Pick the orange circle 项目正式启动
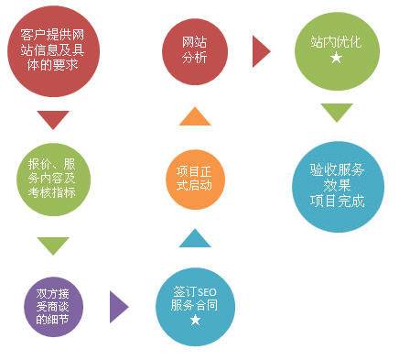click(x=195, y=176)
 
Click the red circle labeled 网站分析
click(x=195, y=50)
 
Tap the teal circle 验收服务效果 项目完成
click(x=337, y=184)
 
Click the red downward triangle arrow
click(x=53, y=119)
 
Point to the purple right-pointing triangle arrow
click(x=118, y=306)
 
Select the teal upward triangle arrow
click(x=195, y=238)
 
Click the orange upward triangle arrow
click(x=195, y=115)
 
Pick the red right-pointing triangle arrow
click(x=262, y=51)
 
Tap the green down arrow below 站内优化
click(x=336, y=113)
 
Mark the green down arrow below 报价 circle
click(x=53, y=245)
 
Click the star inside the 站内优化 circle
click(x=335, y=59)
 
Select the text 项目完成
click(x=337, y=201)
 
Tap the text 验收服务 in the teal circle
click(x=337, y=169)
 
